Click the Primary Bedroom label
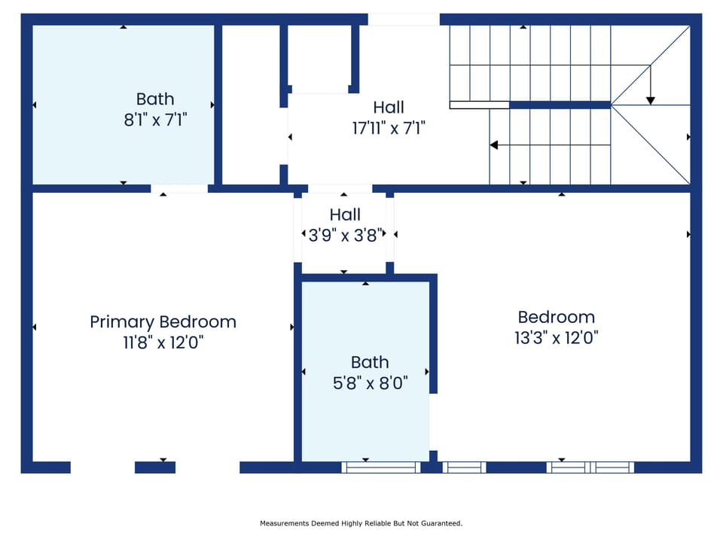click(x=163, y=322)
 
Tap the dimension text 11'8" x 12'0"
click(x=163, y=343)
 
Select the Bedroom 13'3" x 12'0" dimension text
click(x=556, y=337)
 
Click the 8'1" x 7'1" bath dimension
click(x=155, y=119)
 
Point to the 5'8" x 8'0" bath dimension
click(x=370, y=382)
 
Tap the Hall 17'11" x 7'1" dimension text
click(x=389, y=128)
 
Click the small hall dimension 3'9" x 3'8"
click(x=345, y=235)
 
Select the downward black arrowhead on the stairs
click(x=651, y=100)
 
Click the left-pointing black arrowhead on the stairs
click(x=494, y=145)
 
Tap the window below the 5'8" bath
click(x=380, y=467)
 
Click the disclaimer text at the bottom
click(x=361, y=523)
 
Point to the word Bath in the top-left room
click(x=155, y=99)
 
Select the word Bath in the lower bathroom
click(x=370, y=362)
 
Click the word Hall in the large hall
click(x=389, y=108)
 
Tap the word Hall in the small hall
click(x=345, y=215)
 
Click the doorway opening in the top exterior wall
click(x=404, y=19)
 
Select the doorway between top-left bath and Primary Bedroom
click(x=179, y=189)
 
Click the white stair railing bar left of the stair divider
click(x=479, y=105)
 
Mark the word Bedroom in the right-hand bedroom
click(x=556, y=317)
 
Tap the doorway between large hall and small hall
click(x=340, y=189)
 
